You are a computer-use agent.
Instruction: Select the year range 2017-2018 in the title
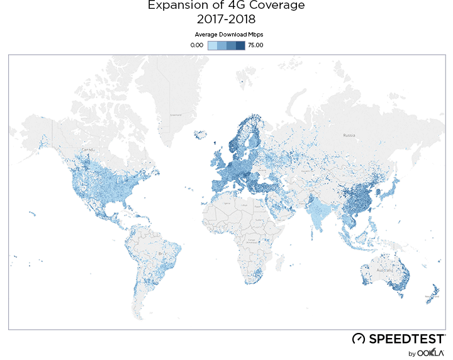[226, 19]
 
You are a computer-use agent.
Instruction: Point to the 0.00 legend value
[198, 45]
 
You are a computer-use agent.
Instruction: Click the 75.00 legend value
[255, 45]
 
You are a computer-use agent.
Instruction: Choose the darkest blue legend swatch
[240, 45]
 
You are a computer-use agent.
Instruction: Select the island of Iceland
[201, 135]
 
